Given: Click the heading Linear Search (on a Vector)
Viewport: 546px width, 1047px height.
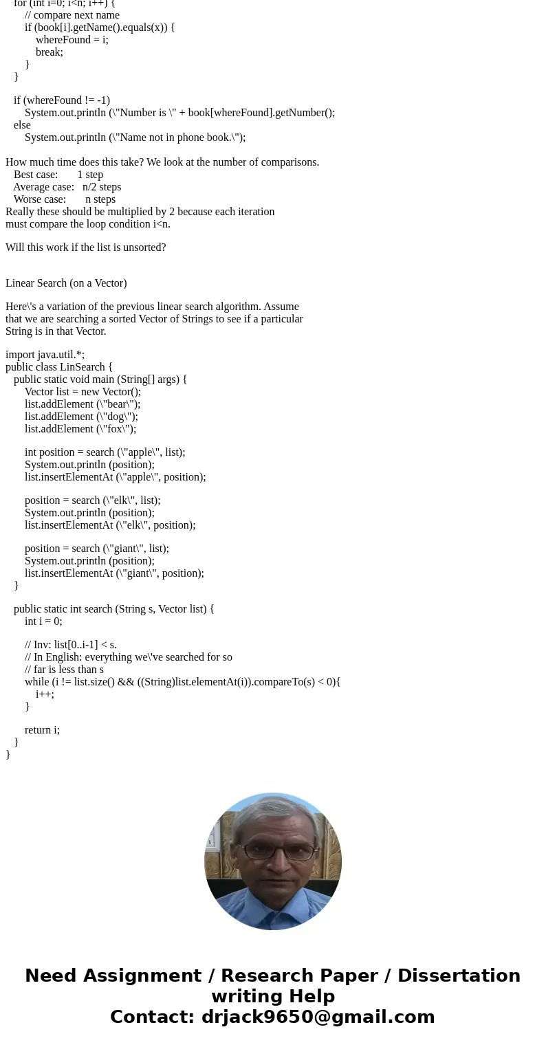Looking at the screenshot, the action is pyautogui.click(x=66, y=283).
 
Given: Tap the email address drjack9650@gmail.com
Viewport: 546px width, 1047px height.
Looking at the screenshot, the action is pyautogui.click(x=318, y=1017).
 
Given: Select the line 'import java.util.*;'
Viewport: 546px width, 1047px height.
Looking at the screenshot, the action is pyautogui.click(x=45, y=355).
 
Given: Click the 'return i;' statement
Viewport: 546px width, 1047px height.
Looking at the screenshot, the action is pyautogui.click(x=42, y=730).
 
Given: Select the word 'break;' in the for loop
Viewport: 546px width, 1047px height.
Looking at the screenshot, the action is pyautogui.click(x=50, y=52).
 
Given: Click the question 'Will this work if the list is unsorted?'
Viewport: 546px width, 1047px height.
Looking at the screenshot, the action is pyautogui.click(x=85, y=247).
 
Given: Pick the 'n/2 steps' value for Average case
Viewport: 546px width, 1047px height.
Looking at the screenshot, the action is pyautogui.click(x=102, y=187).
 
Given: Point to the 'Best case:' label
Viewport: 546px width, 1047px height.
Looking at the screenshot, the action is pyautogui.click(x=36, y=175).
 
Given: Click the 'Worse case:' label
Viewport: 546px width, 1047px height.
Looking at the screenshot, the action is pyautogui.click(x=40, y=199).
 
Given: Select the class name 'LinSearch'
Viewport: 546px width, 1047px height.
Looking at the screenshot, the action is pyautogui.click(x=83, y=367).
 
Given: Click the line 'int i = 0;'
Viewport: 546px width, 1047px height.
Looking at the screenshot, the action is pyautogui.click(x=43, y=621).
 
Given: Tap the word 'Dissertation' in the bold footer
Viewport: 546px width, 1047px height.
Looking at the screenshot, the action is pyautogui.click(x=459, y=976).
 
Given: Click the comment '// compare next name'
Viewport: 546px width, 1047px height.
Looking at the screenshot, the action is pyautogui.click(x=72, y=15).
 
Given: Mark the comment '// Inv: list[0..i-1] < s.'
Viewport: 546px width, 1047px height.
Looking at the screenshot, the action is pyautogui.click(x=71, y=645).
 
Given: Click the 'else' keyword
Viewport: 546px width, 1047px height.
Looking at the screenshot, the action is pyautogui.click(x=22, y=125).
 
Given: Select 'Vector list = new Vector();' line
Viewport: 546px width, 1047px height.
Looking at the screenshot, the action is pyautogui.click(x=83, y=392).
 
